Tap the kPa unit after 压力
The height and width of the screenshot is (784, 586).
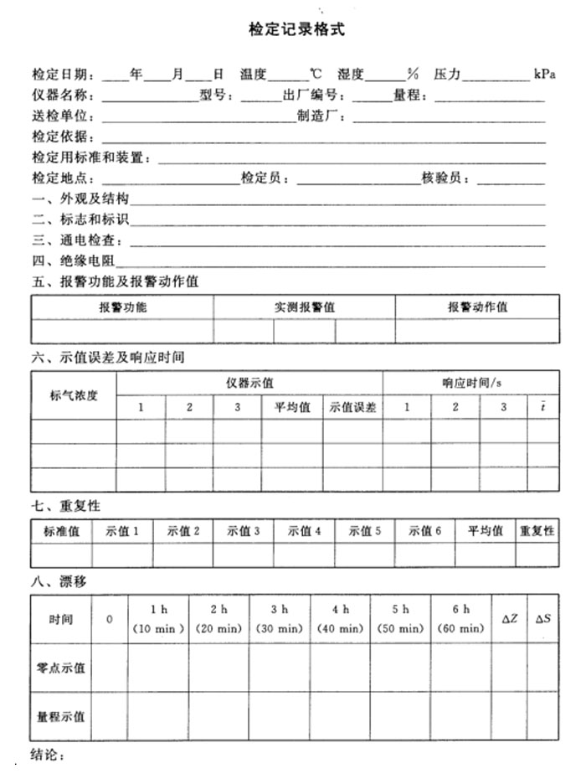pyautogui.click(x=544, y=74)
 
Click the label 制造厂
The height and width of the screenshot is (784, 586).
pyautogui.click(x=321, y=116)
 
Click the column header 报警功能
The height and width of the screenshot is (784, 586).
pyautogui.click(x=123, y=307)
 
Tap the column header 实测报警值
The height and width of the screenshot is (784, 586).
pyautogui.click(x=305, y=307)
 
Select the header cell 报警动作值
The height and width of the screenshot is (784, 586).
pyautogui.click(x=477, y=307)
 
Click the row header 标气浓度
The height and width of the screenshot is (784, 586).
pyautogui.click(x=74, y=395)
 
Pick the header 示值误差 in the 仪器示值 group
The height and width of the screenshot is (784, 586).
pyautogui.click(x=352, y=408)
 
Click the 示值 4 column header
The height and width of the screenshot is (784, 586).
pyautogui.click(x=305, y=531)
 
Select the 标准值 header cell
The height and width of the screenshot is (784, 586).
pyautogui.click(x=62, y=531)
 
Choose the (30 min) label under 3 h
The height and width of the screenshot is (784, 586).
pyautogui.click(x=280, y=628)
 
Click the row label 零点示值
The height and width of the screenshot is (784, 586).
pyautogui.click(x=60, y=668)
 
